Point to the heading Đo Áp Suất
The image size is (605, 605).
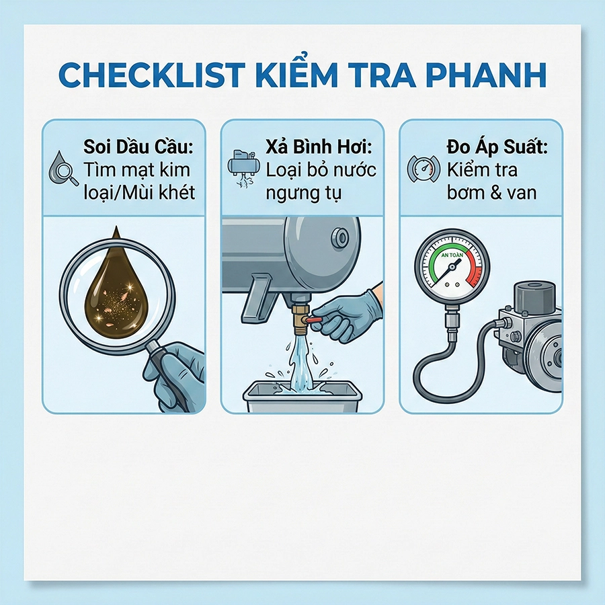click(x=487, y=147)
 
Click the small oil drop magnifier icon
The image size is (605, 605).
click(x=63, y=170)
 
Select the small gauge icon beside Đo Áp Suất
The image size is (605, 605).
click(x=424, y=169)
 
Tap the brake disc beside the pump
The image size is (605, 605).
click(x=548, y=350)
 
